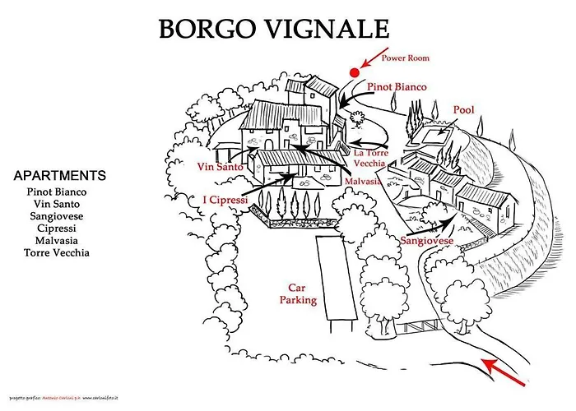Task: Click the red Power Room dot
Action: [x=355, y=72]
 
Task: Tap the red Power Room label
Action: [x=405, y=58]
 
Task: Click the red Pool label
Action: [x=464, y=109]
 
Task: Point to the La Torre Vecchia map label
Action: [x=370, y=158]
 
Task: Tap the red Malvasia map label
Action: [x=363, y=181]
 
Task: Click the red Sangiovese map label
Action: [x=427, y=241]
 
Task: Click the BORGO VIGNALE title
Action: [x=273, y=29]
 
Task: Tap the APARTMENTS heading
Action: [x=60, y=176]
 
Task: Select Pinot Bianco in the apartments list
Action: [x=57, y=191]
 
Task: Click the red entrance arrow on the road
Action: [x=501, y=372]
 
